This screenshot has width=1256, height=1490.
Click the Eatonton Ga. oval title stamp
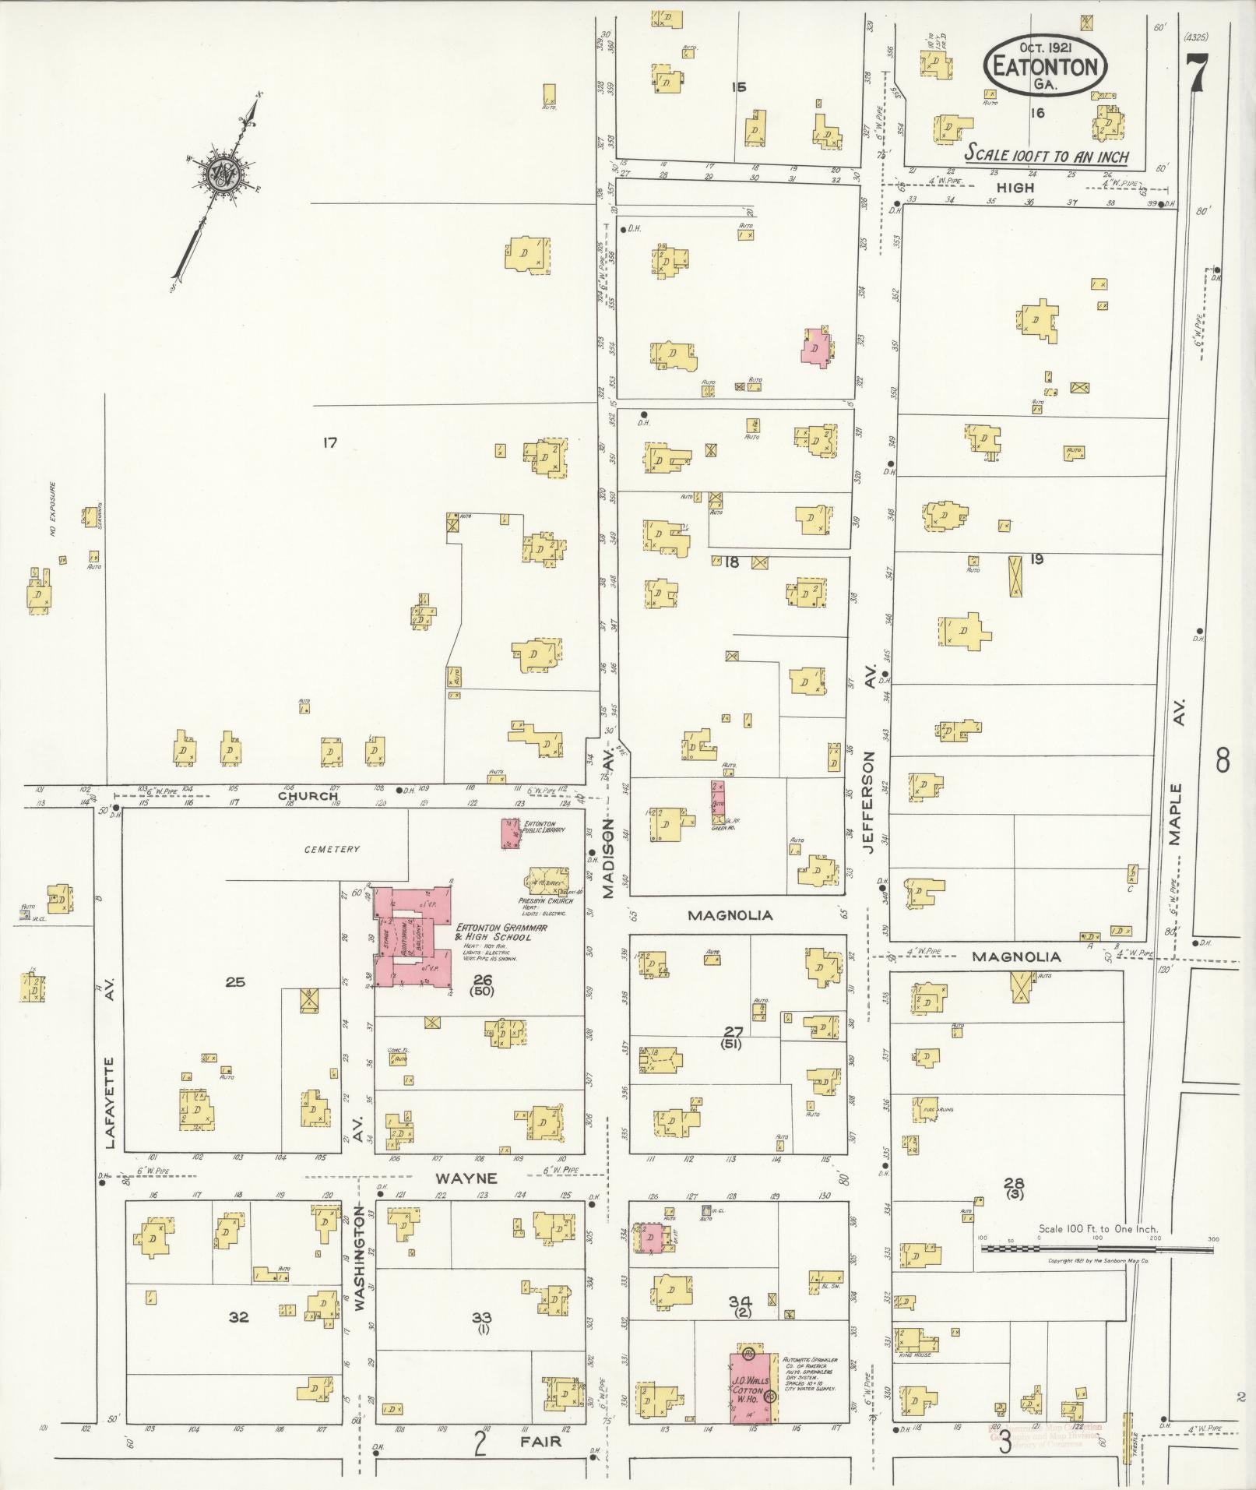[1045, 65]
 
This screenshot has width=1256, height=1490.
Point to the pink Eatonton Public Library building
[511, 833]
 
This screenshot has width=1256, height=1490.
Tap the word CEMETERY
[332, 849]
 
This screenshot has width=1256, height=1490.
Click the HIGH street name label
[1016, 188]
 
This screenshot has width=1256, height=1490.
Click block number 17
[329, 442]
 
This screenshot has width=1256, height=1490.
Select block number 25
[235, 982]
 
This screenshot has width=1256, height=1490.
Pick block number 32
[238, 1317]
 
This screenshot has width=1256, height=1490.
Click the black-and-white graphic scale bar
[1096, 1248]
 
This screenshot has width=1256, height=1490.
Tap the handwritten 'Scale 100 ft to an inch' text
[1047, 155]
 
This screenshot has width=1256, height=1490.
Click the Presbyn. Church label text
[546, 900]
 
